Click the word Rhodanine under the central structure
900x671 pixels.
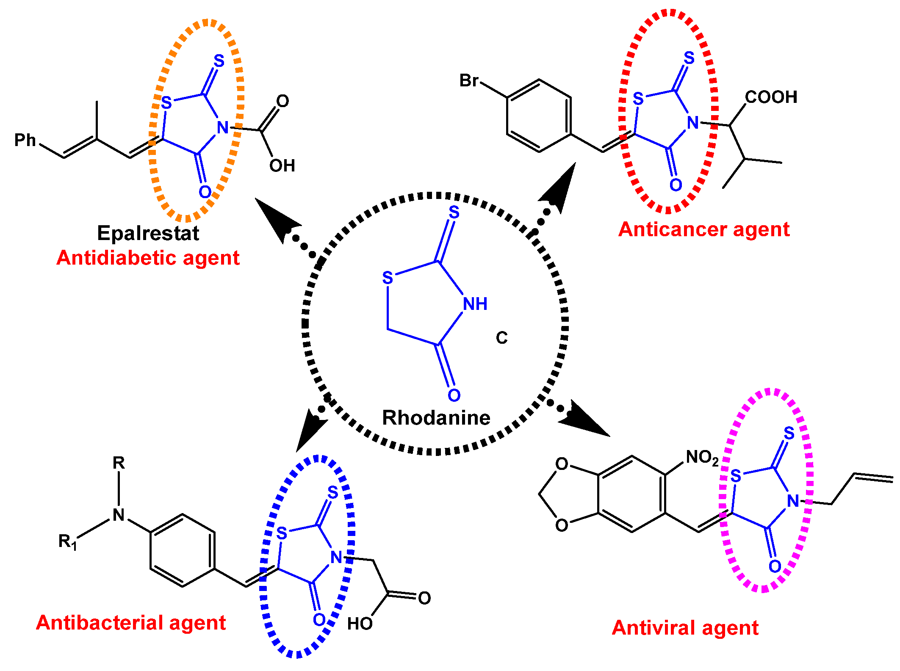pyautogui.click(x=436, y=418)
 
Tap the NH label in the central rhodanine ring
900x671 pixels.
pyautogui.click(x=475, y=304)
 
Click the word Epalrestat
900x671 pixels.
pyautogui.click(x=148, y=233)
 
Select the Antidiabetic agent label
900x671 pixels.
pyautogui.click(x=148, y=258)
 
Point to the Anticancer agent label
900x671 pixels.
pyautogui.click(x=704, y=229)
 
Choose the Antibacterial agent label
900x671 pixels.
pyautogui.click(x=131, y=623)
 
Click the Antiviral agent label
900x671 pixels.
pyautogui.click(x=685, y=628)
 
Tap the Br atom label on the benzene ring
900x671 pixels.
pyautogui.click(x=469, y=80)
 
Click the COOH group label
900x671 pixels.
pyautogui.click(x=771, y=97)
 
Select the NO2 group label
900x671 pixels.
pyautogui.click(x=702, y=458)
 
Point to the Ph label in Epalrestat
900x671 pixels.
pyautogui.click(x=25, y=140)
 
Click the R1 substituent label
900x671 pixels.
pyautogui.click(x=68, y=541)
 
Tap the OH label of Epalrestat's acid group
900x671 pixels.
pyautogui.click(x=282, y=166)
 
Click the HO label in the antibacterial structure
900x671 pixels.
pyautogui.click(x=360, y=624)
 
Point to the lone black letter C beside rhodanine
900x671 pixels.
pyautogui.click(x=501, y=338)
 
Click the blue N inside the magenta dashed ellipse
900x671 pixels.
pyautogui.click(x=793, y=501)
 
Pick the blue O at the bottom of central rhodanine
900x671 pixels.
pyautogui.click(x=454, y=395)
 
